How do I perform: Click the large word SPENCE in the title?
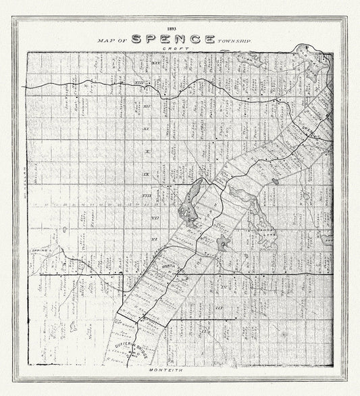(173, 39)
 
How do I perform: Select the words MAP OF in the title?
(112, 41)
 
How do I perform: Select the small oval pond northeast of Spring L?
(65, 228)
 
